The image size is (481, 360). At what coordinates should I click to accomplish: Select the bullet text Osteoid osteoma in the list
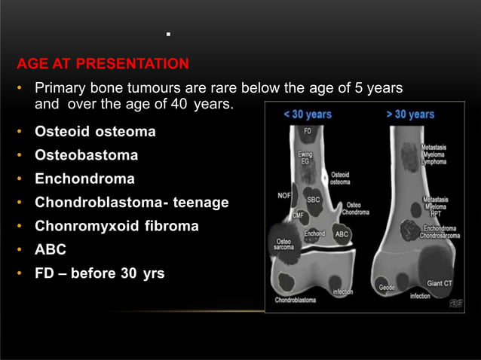[x=95, y=132]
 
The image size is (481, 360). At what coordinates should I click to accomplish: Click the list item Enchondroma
[x=84, y=178]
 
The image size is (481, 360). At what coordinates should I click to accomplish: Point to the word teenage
[x=201, y=202]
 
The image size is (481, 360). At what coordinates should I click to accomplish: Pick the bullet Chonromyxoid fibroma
[x=117, y=225]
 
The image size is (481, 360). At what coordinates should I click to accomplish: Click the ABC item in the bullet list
[x=51, y=249]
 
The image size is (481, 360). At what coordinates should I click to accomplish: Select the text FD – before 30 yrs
[x=100, y=272]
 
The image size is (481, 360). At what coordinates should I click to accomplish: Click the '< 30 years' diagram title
[x=307, y=114]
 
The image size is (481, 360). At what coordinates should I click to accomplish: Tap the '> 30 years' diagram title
[x=410, y=114]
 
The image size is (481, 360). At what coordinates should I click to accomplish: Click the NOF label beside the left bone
[x=283, y=195]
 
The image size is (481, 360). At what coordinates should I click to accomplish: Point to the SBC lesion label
[x=313, y=200]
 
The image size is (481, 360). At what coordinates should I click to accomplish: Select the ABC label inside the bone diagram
[x=341, y=234]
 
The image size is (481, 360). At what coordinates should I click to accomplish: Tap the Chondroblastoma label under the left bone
[x=296, y=300]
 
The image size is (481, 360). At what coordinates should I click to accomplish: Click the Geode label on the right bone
[x=388, y=287]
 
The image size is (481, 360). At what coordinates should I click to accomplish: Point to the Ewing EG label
[x=305, y=158]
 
